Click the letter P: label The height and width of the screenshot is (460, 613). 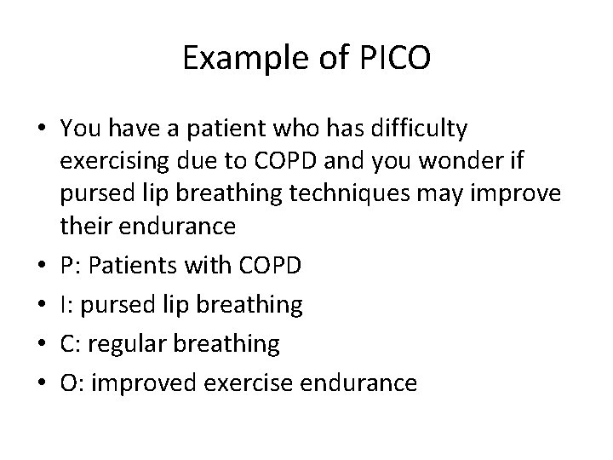pyautogui.click(x=70, y=265)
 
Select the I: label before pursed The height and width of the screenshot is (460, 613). pyautogui.click(x=66, y=305)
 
